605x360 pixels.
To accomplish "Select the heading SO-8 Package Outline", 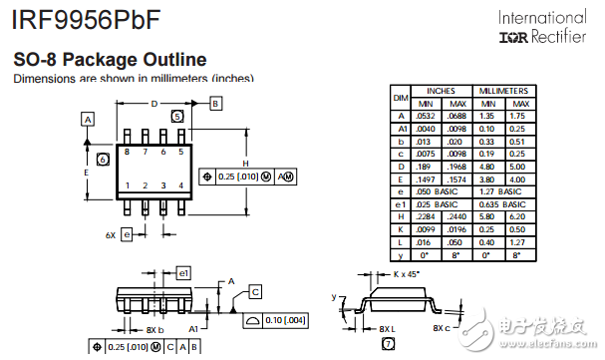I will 110,60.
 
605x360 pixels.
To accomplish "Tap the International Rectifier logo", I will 542,28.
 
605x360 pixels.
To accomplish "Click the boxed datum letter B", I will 216,103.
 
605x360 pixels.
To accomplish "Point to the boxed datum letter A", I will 88,119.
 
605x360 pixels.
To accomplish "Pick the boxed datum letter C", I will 255,291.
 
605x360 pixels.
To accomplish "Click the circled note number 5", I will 177,117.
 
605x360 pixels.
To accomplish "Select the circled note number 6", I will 103,160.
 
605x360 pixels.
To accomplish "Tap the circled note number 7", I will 388,344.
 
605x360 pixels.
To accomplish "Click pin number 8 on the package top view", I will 127,152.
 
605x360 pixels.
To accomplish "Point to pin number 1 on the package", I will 127,185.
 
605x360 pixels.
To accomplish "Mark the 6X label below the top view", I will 111,235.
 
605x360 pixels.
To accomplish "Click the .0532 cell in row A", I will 425,115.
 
